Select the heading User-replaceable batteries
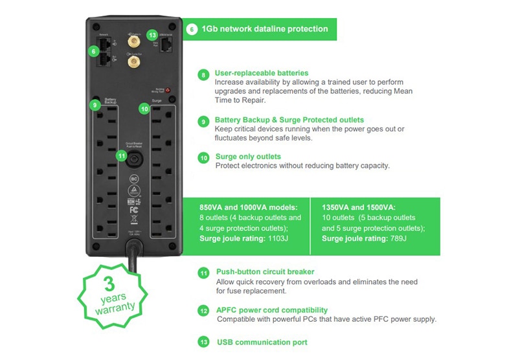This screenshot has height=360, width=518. point(262,73)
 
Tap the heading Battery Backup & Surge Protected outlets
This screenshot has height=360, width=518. point(289,120)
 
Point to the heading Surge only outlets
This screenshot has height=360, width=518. point(248,157)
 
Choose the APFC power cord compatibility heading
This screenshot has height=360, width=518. point(272,310)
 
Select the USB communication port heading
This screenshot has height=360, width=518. point(262,342)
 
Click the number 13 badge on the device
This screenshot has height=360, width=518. point(153,34)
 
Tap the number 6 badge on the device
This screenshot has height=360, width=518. point(95,51)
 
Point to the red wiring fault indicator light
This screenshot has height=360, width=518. point(167,90)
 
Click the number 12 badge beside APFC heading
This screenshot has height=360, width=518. point(204,311)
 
